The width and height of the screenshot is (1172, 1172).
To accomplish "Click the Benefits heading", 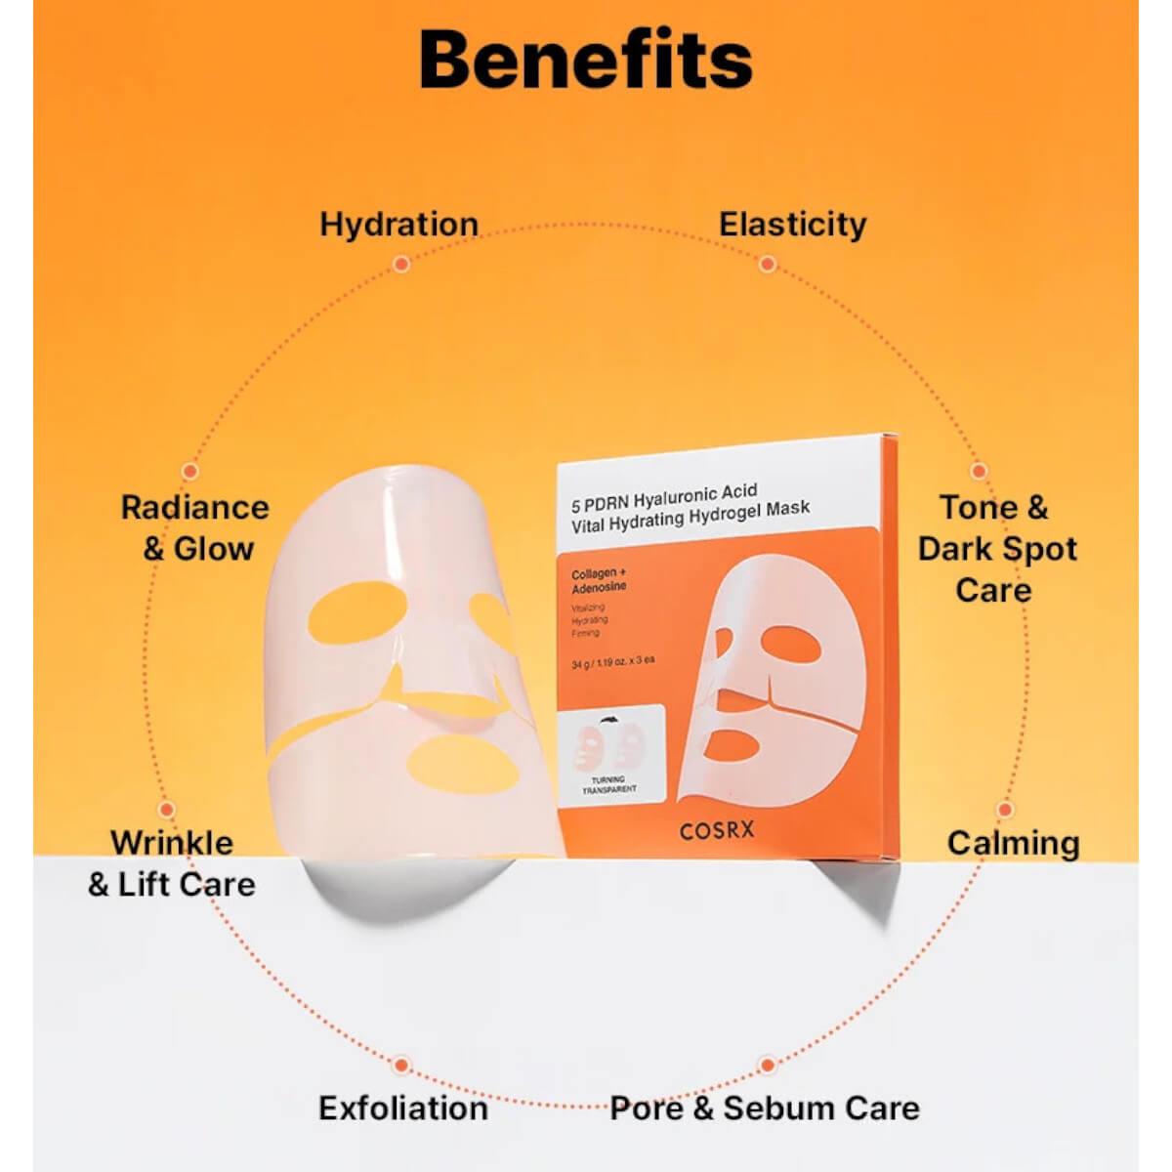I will [x=586, y=61].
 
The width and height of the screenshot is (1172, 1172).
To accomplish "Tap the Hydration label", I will [x=398, y=224].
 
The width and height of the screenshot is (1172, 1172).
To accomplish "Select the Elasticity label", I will [x=792, y=224].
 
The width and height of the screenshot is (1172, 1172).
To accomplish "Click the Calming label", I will [x=1013, y=843].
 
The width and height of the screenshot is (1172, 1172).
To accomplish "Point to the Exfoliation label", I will [x=402, y=1108].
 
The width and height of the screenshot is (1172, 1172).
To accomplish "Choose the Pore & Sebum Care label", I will [x=765, y=1108].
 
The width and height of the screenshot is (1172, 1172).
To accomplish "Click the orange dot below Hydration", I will [x=400, y=264].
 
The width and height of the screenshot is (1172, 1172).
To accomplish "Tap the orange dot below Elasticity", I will [x=768, y=264].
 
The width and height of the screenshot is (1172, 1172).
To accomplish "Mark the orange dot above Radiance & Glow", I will [x=190, y=471].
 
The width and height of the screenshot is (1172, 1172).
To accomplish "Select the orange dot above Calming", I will [x=1004, y=810].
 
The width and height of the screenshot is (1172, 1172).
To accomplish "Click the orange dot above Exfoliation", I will [x=401, y=1065].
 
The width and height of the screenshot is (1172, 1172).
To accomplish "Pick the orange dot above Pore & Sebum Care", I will [x=768, y=1065].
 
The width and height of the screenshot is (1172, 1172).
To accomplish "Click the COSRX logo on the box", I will [x=717, y=831].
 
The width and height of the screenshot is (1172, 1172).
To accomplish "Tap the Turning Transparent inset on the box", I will [x=609, y=752].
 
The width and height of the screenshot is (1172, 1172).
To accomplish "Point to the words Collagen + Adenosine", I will [x=599, y=580].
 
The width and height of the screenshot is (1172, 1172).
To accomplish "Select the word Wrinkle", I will [x=172, y=842].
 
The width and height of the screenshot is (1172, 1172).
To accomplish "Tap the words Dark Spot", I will [x=997, y=549].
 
